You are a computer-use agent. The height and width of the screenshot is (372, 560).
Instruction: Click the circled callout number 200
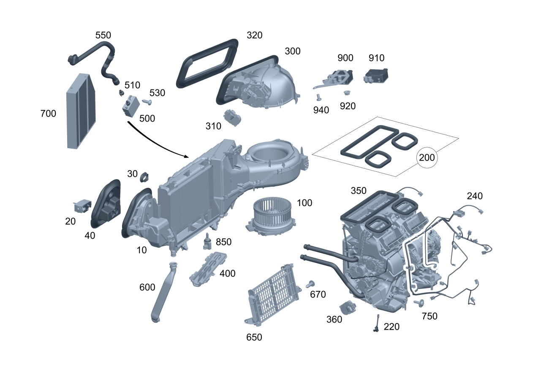click(427, 158)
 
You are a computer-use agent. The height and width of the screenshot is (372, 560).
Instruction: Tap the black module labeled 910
click(376, 76)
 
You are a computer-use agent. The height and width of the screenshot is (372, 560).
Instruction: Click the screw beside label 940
click(319, 97)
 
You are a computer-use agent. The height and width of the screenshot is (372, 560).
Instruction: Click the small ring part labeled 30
click(145, 176)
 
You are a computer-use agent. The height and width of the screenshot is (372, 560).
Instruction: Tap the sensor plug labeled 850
click(208, 241)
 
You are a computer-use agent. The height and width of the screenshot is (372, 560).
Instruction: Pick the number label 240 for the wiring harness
click(474, 196)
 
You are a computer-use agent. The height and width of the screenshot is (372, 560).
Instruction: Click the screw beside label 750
click(419, 303)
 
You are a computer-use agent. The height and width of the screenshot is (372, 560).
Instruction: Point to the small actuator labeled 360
click(348, 308)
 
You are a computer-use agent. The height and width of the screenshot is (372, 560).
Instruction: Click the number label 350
click(359, 191)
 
